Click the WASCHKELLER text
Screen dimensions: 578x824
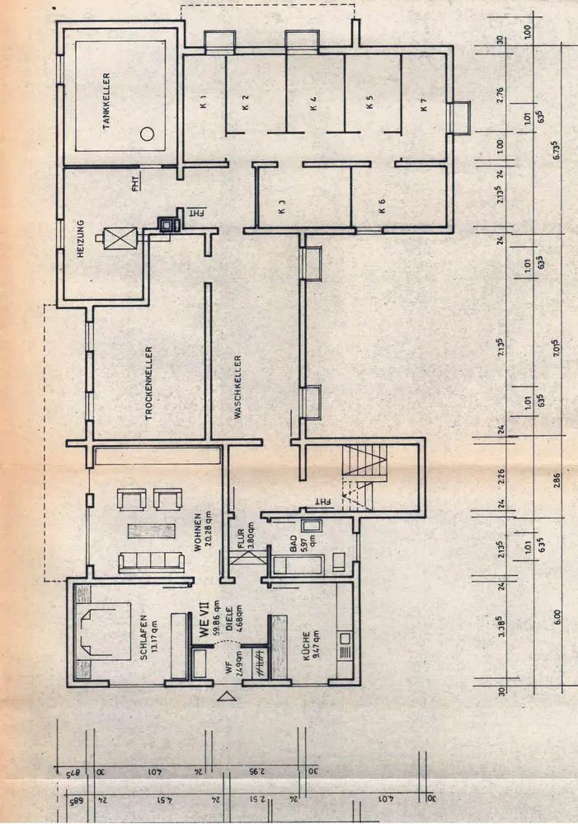237,387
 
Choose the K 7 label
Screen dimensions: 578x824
424,104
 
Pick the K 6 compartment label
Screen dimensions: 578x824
383,204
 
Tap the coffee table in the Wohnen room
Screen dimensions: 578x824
150,531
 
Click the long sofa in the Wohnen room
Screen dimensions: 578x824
151,562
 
